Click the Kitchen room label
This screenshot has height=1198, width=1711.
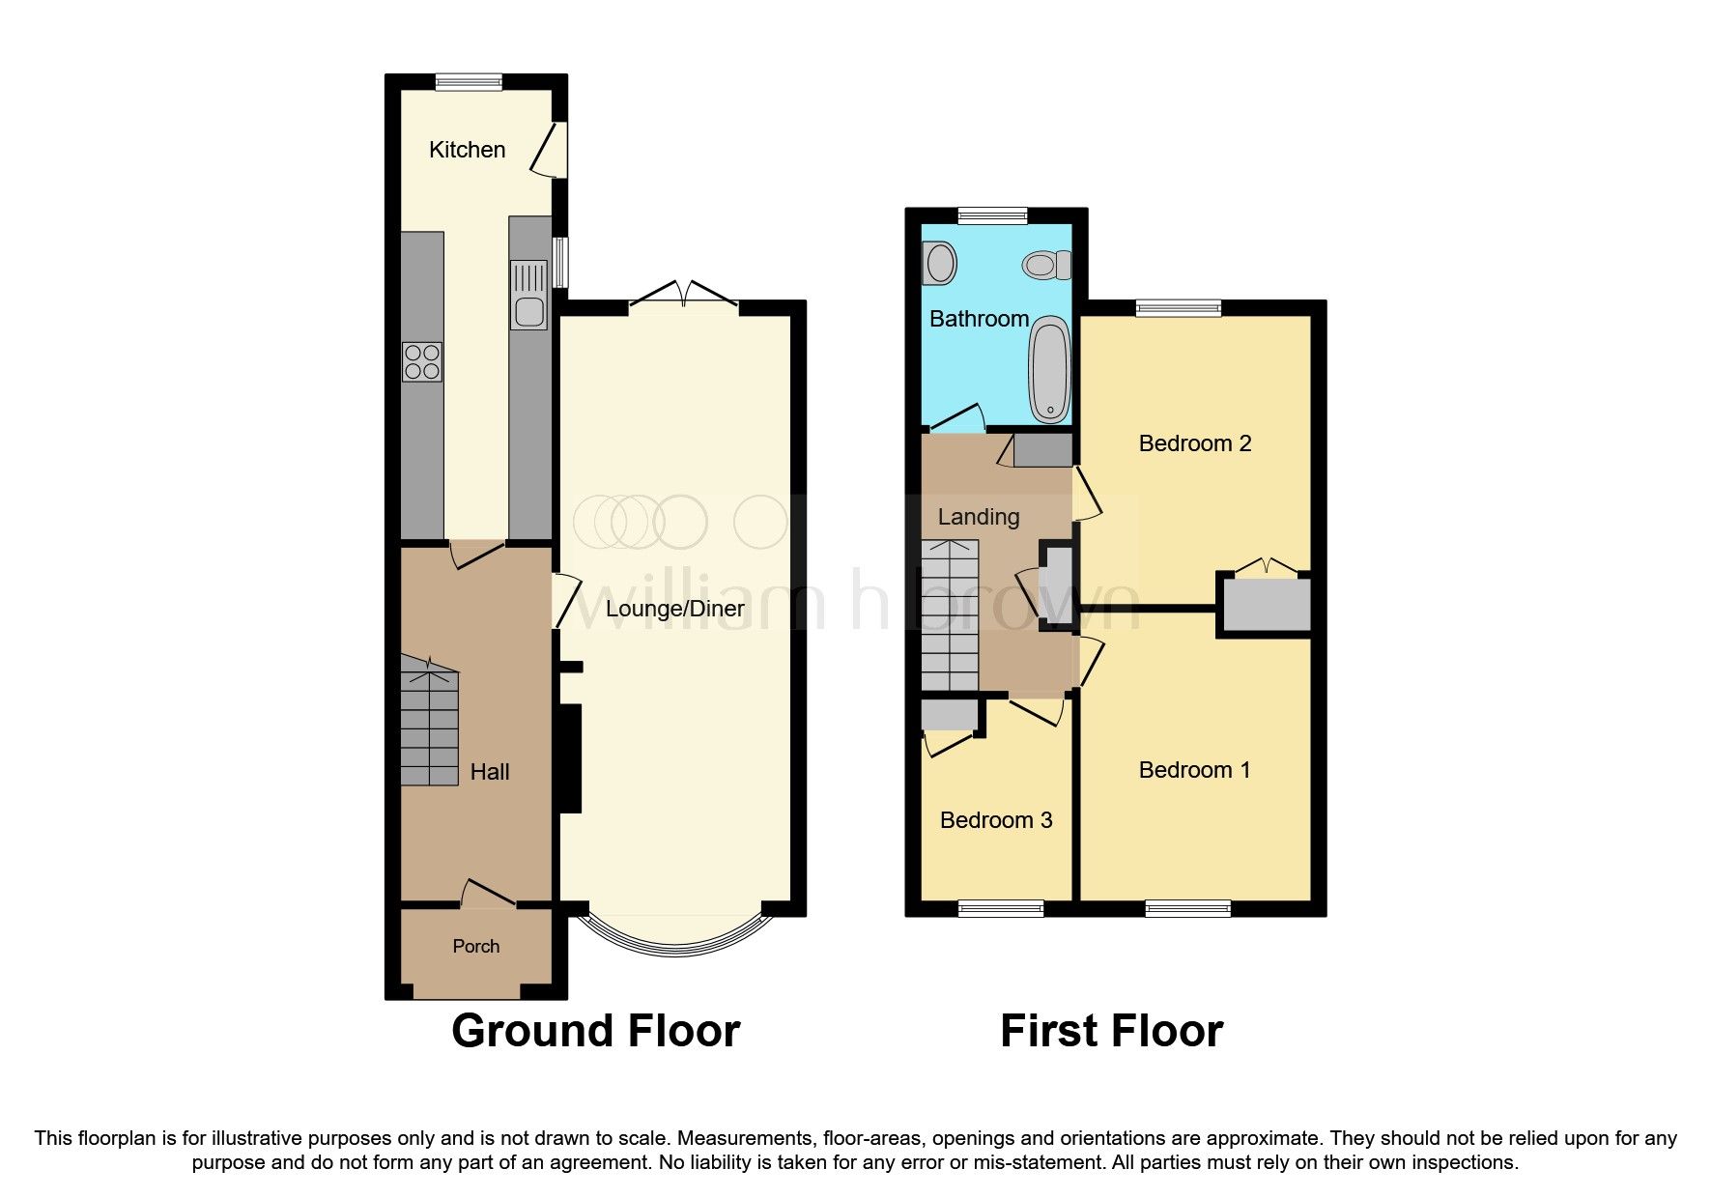(467, 150)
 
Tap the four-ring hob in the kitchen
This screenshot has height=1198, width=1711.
(422, 362)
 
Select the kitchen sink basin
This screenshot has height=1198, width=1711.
(528, 311)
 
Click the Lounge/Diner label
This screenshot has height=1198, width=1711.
(674, 609)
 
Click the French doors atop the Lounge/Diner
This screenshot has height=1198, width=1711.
(683, 296)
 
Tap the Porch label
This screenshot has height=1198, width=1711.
(476, 947)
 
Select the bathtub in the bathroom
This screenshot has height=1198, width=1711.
(1049, 370)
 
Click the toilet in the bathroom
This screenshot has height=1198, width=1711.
(1047, 264)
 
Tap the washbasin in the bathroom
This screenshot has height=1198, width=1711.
(939, 262)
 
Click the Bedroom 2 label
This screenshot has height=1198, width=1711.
(1195, 443)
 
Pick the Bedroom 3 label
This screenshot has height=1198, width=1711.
(996, 820)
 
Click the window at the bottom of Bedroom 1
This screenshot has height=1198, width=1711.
(1187, 908)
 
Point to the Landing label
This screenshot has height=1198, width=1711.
(979, 517)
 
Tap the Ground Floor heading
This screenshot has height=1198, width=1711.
(595, 1031)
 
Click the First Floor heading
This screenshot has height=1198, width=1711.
(1111, 1031)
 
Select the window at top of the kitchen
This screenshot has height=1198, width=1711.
(469, 82)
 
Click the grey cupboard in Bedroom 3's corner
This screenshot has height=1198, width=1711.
(949, 716)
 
